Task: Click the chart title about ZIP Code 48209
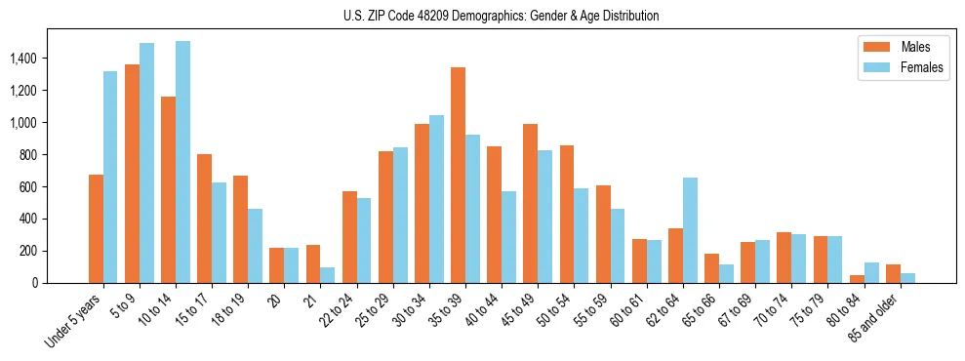[502, 16]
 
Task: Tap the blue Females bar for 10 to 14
[182, 162]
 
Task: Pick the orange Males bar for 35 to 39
[458, 176]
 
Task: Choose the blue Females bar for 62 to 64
[690, 230]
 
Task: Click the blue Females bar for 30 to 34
[436, 199]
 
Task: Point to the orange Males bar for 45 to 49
[530, 203]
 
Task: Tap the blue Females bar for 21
[328, 275]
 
